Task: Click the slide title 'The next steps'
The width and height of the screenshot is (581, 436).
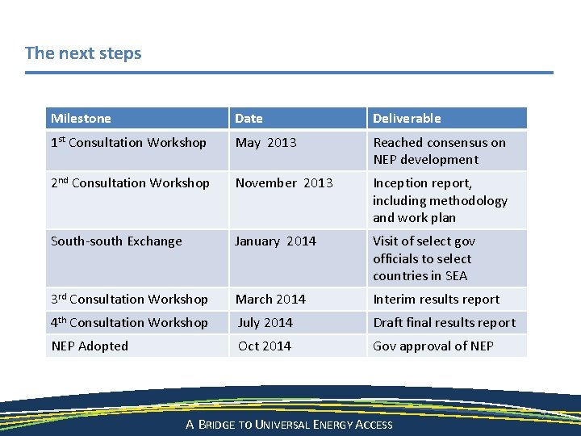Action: coord(83,53)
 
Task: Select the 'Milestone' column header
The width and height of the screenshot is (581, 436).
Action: coord(81,118)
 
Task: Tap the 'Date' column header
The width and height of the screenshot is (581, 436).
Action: coord(249,118)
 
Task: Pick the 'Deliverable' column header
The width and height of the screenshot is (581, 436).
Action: coord(407,118)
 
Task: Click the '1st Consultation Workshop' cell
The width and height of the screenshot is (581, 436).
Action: coord(128,143)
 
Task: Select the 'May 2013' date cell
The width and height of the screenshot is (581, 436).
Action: coord(265,143)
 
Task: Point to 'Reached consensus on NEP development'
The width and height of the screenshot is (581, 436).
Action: coord(439,151)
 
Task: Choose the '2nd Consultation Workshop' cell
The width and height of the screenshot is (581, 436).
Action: coord(130,183)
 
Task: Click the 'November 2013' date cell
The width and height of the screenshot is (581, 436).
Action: coord(283,183)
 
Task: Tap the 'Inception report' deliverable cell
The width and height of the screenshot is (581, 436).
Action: coord(440,200)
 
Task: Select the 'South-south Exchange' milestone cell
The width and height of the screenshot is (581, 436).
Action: coord(116,241)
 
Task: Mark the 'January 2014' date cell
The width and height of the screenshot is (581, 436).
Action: coord(275,241)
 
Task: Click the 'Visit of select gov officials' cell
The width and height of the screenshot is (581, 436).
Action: coord(424,258)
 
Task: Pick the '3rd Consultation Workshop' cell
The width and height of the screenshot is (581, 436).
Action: coord(129,300)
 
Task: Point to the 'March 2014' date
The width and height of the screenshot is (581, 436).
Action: coord(270,300)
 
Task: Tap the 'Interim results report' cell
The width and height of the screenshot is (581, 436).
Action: coord(436,300)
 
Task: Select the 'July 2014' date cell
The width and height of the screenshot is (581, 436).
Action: coord(265,323)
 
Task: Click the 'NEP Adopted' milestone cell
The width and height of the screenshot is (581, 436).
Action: coord(90,346)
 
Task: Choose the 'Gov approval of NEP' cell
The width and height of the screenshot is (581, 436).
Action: coord(433,346)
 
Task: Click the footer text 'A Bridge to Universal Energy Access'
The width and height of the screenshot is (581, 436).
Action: coord(289,425)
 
